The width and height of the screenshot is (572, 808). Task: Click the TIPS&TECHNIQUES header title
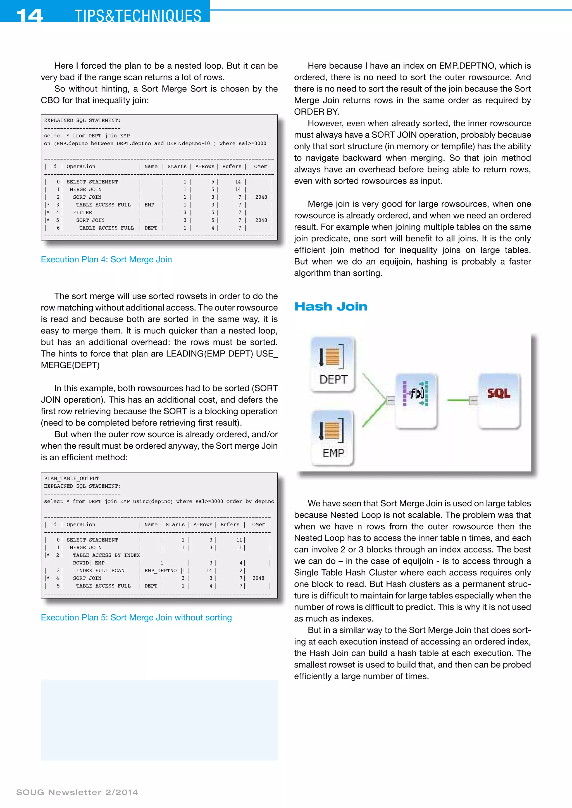pyautogui.click(x=138, y=16)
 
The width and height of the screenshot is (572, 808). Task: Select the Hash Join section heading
pyautogui.click(x=330, y=307)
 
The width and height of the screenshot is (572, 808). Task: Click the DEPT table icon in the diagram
pyautogui.click(x=332, y=364)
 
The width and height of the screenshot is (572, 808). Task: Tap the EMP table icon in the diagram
pyautogui.click(x=332, y=437)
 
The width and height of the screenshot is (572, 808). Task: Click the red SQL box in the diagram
pyautogui.click(x=498, y=400)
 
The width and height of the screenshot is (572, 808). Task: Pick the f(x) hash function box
pyautogui.click(x=416, y=400)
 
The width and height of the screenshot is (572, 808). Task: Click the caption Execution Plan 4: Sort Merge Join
pyautogui.click(x=106, y=259)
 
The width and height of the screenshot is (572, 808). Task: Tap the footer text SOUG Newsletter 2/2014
pyautogui.click(x=77, y=792)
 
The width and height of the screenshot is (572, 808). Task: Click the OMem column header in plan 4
pyautogui.click(x=261, y=167)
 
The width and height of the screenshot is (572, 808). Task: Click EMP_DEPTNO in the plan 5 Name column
pyautogui.click(x=160, y=571)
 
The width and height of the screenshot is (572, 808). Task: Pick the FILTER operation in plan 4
pyautogui.click(x=82, y=213)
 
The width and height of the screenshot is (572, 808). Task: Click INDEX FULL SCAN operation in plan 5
pyautogui.click(x=100, y=571)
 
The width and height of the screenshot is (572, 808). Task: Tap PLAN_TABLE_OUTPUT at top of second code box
pyautogui.click(x=71, y=478)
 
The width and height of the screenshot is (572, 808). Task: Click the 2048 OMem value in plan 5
pyautogui.click(x=258, y=578)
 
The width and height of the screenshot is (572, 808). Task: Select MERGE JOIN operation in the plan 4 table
pyautogui.click(x=85, y=189)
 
